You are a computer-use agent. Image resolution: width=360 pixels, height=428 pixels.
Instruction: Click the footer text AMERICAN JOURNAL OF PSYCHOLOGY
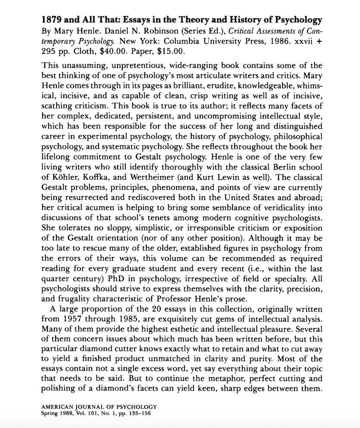tap(99, 406)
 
